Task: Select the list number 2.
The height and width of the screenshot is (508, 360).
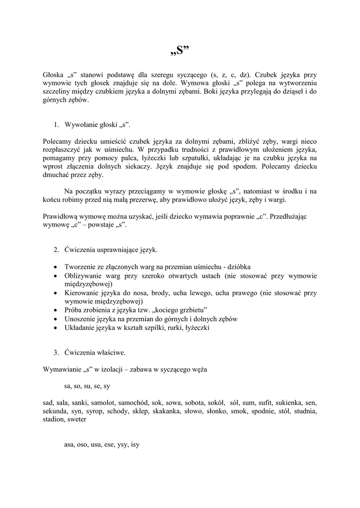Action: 57,249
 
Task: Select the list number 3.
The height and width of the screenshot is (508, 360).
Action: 57,353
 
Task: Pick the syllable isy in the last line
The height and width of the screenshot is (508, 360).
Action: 135,444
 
